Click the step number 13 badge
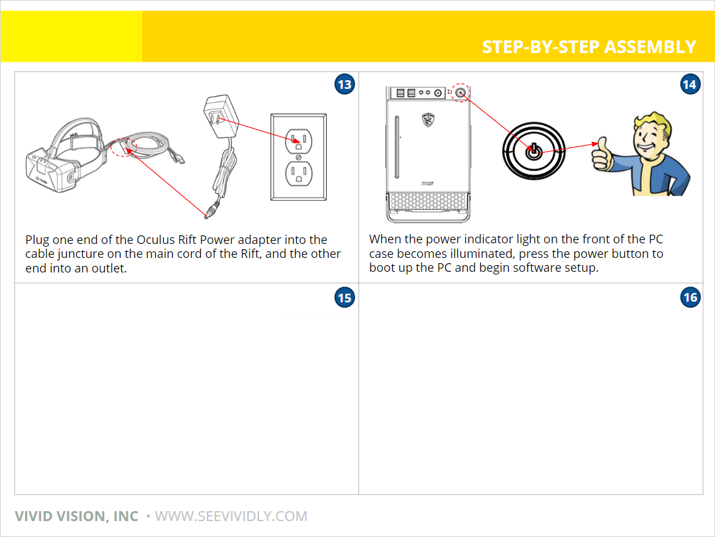tap(345, 84)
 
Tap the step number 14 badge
tap(690, 84)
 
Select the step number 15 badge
tap(345, 298)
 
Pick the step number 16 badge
tap(690, 298)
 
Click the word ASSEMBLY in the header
tap(650, 47)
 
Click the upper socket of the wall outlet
tap(299, 141)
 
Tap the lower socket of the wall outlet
tap(299, 174)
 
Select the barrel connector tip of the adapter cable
tap(210, 211)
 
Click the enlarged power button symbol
tap(533, 151)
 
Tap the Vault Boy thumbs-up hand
tap(602, 154)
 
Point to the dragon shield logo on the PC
tap(427, 119)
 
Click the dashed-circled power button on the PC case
tap(461, 93)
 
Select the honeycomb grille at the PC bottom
tap(427, 201)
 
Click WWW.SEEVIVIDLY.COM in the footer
tap(231, 516)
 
